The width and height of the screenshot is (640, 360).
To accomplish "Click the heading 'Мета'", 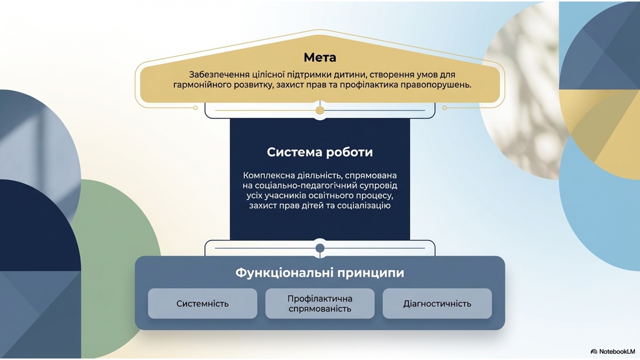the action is pyautogui.click(x=320, y=57).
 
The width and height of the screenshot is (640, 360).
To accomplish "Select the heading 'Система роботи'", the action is pyautogui.click(x=320, y=152).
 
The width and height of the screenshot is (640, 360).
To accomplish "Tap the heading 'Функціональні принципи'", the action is pyautogui.click(x=320, y=273).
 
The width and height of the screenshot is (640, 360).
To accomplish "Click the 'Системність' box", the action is pyautogui.click(x=202, y=303).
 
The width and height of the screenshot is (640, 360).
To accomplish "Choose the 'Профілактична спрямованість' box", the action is pyautogui.click(x=320, y=303).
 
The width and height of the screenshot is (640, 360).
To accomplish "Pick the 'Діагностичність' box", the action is pyautogui.click(x=437, y=303).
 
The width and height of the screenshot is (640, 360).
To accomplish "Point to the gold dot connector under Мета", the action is pyautogui.click(x=320, y=110).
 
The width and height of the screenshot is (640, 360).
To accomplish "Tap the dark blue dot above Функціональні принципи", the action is pyautogui.click(x=320, y=248).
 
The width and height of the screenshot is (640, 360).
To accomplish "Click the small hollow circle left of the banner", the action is pyautogui.click(x=195, y=108).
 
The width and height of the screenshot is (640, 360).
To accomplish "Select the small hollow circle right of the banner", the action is pyautogui.click(x=444, y=108).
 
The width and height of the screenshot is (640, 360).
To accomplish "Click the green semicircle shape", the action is pyautogui.click(x=120, y=257).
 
